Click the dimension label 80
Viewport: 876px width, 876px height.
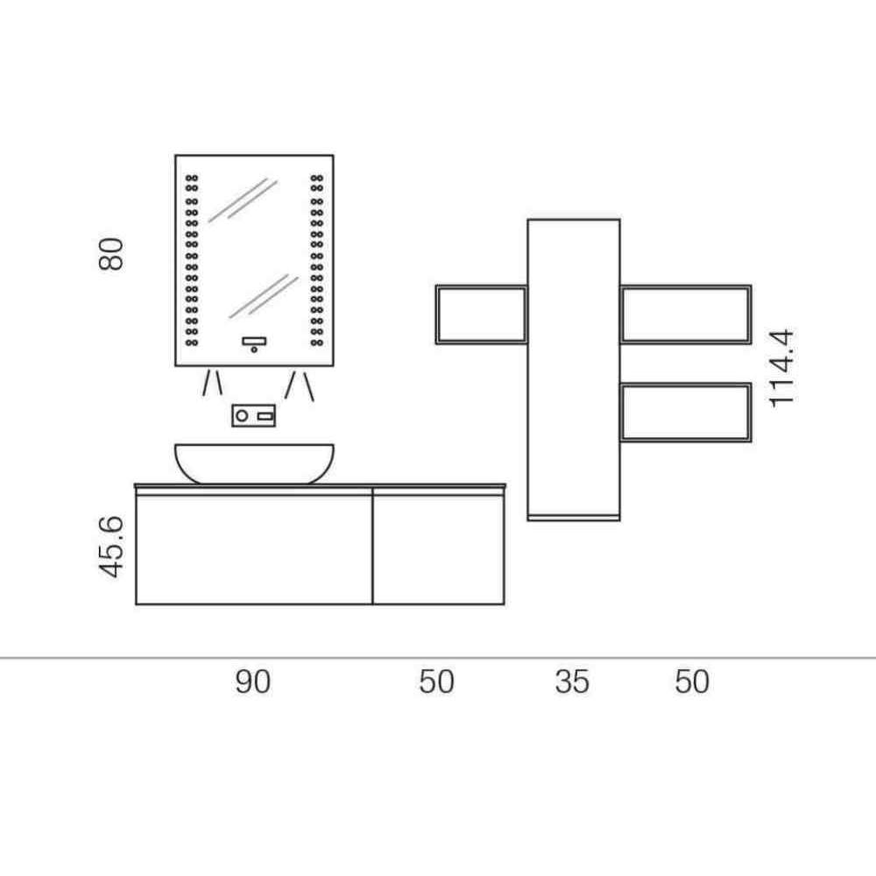(110, 254)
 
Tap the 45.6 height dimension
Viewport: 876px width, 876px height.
(110, 547)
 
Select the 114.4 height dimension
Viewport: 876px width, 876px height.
(781, 369)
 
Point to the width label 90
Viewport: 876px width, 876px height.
(252, 682)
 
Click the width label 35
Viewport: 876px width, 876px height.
(572, 682)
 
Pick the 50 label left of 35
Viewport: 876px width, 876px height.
(436, 682)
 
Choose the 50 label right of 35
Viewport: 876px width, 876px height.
(692, 682)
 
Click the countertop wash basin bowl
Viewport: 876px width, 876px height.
(254, 463)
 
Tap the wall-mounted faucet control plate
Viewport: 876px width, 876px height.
(254, 415)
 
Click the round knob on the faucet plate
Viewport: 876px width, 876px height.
(242, 415)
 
